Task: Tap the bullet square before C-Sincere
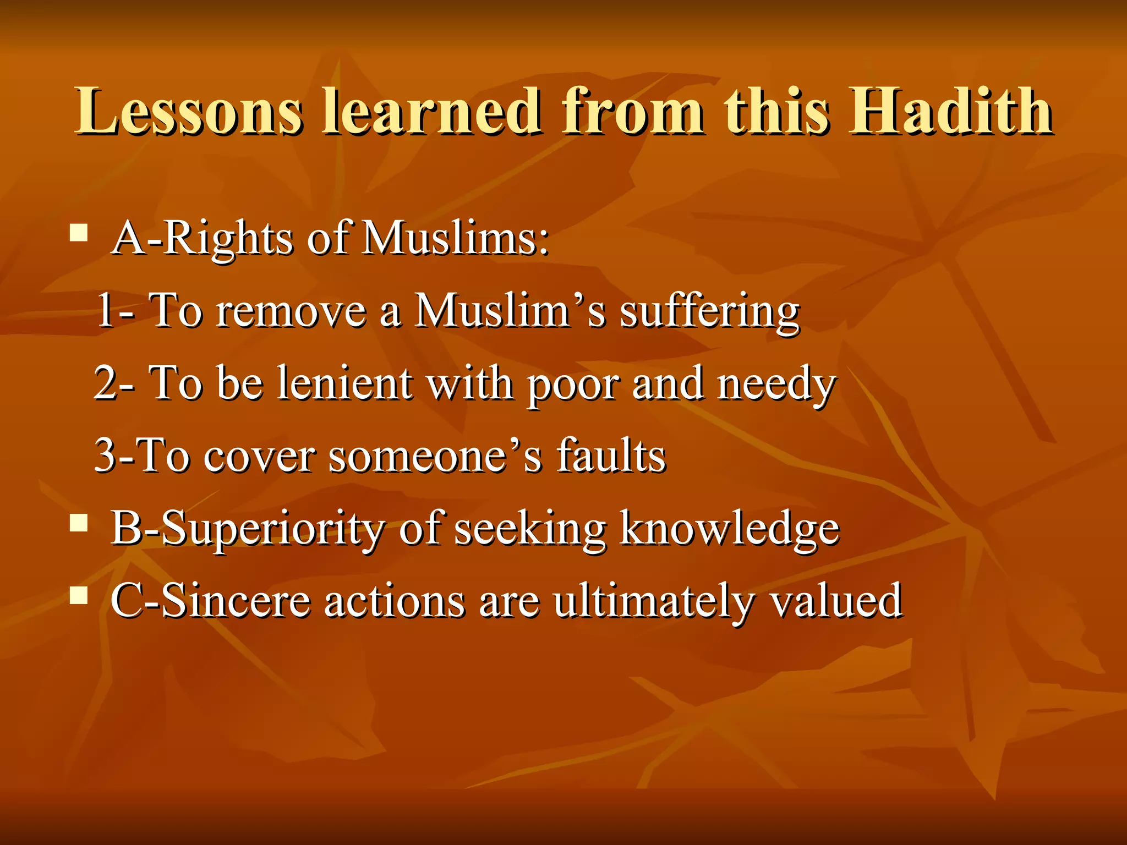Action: point(79,595)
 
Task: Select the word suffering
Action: point(709,312)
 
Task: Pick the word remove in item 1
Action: point(291,312)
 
